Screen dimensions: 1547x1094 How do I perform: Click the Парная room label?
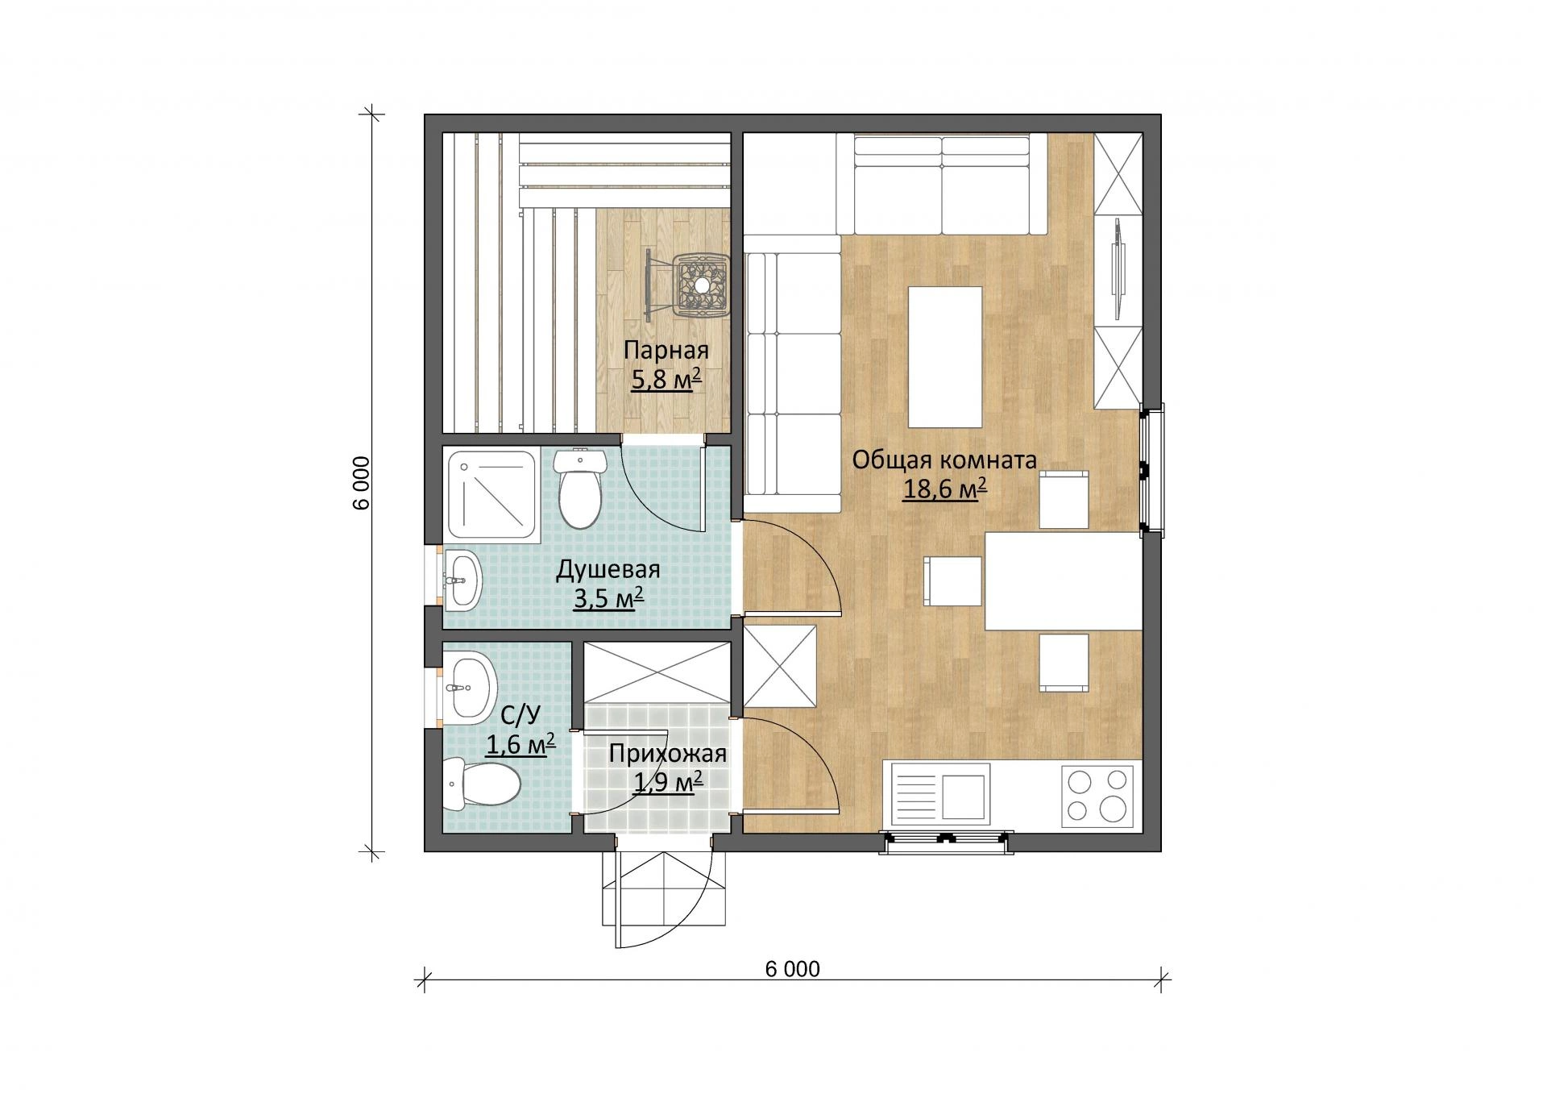click(666, 351)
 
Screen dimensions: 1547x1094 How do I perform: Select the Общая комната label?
click(944, 460)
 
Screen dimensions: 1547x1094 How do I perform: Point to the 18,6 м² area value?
click(944, 489)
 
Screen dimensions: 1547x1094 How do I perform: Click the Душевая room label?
click(608, 570)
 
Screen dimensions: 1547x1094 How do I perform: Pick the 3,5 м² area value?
click(608, 598)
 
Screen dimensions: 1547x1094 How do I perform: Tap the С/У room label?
click(520, 716)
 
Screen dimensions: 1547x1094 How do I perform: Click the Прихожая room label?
click(668, 754)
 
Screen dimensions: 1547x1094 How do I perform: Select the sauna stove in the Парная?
click(700, 285)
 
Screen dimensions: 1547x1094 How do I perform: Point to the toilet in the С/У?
click(480, 784)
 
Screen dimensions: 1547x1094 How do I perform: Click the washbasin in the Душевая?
click(462, 578)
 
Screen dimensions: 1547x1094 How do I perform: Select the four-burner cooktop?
click(1097, 795)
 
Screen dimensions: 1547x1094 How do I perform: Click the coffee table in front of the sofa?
click(945, 356)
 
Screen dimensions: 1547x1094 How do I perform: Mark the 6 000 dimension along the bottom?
click(793, 968)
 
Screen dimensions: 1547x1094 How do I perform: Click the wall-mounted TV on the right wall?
click(1118, 267)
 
